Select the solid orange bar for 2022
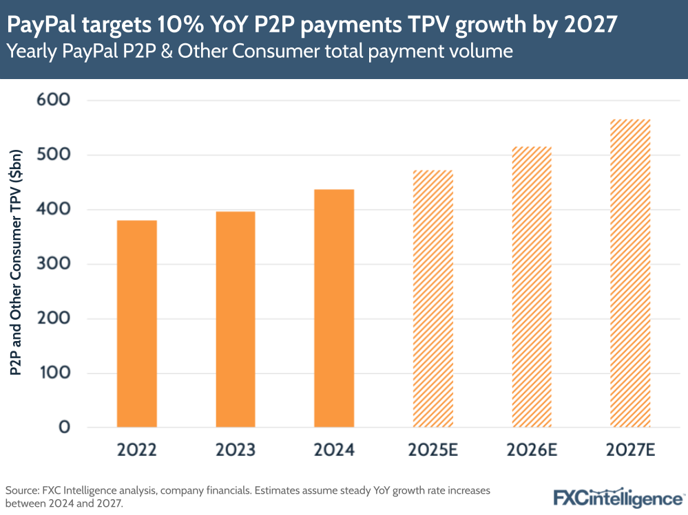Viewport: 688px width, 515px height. [x=137, y=324]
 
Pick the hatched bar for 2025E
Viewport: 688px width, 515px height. [x=432, y=298]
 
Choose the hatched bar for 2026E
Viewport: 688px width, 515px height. [x=531, y=287]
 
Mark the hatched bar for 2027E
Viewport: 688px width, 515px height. [x=629, y=273]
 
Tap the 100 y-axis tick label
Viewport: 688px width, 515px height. [x=59, y=373]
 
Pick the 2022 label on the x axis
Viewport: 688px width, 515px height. [x=137, y=451]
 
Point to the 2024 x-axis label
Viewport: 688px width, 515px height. [x=334, y=451]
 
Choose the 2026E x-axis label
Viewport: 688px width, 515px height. [x=531, y=451]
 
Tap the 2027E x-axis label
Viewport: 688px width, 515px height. [x=629, y=451]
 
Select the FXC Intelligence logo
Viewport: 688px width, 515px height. [x=618, y=496]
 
